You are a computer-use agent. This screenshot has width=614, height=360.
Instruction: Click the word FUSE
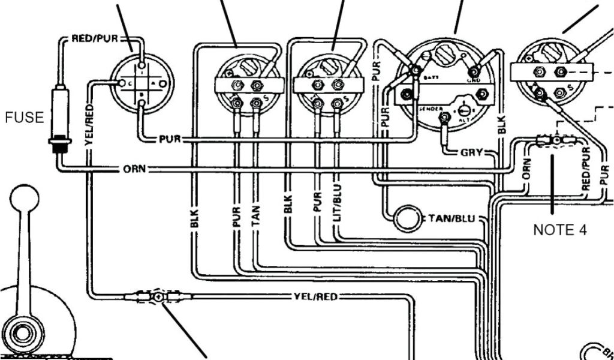tap(25, 118)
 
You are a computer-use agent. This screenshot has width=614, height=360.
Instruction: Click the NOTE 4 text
tap(560, 229)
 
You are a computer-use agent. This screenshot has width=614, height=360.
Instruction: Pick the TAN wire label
tap(256, 217)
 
